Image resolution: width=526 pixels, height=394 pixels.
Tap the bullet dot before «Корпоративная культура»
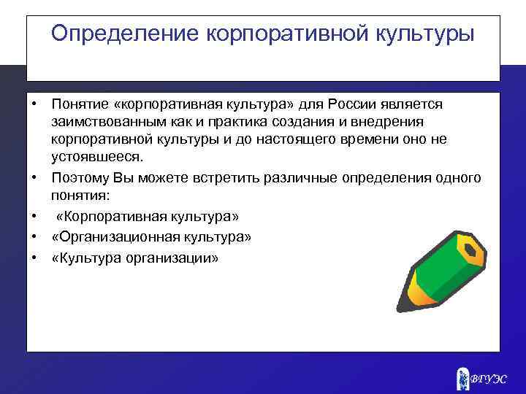point(34,216)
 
